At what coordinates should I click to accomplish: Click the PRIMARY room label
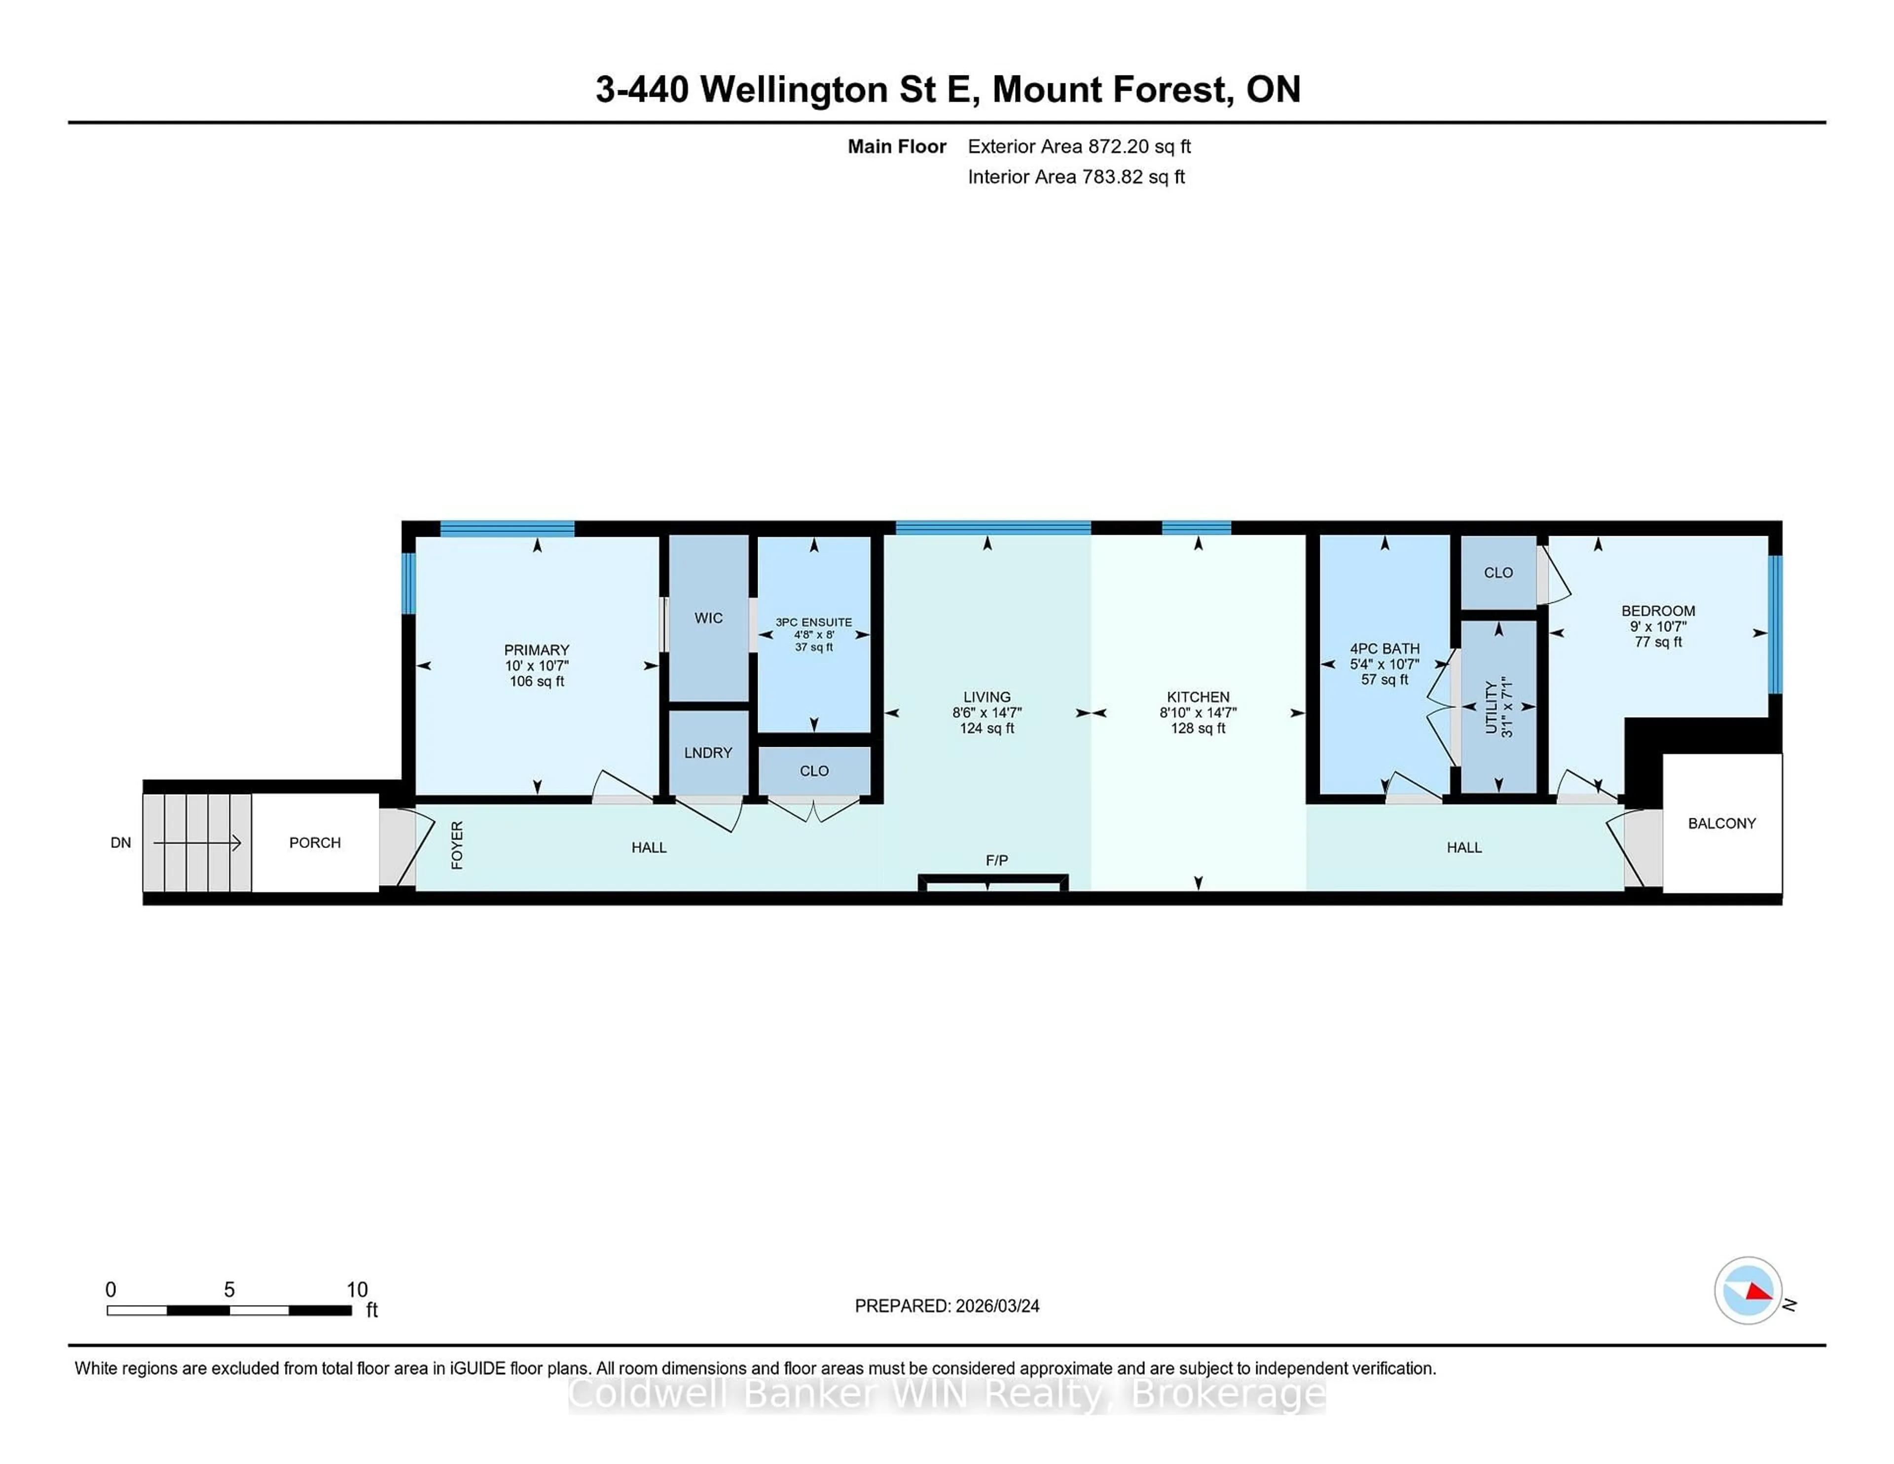536,650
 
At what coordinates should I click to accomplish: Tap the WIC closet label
708,618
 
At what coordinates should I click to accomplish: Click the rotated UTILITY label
1491,707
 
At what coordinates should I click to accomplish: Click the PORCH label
315,842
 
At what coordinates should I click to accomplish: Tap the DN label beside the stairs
120,842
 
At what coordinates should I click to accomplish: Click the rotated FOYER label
457,845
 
